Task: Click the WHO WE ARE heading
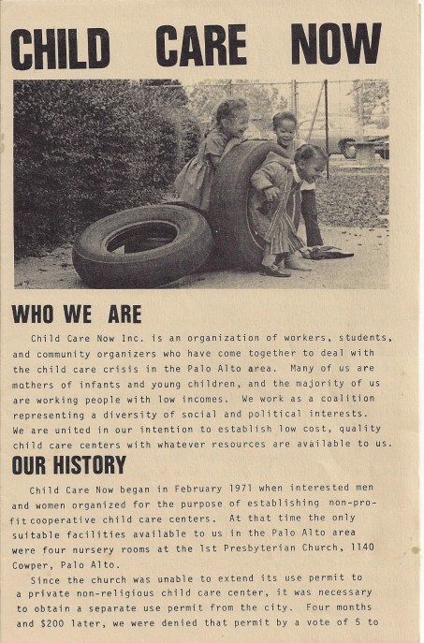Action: click(x=77, y=314)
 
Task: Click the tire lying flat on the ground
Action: click(x=142, y=245)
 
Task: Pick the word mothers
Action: click(x=37, y=383)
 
